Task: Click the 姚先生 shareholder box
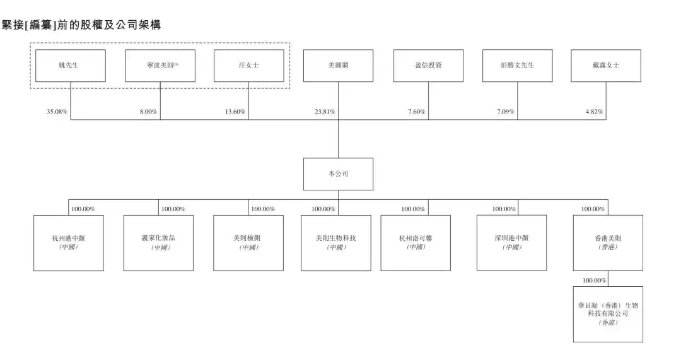point(70,66)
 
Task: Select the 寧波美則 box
point(160,66)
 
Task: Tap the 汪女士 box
point(248,66)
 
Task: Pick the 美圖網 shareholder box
point(338,66)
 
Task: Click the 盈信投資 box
point(428,66)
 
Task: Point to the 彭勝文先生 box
point(517,66)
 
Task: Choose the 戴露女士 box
point(606,66)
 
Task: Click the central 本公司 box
point(338,174)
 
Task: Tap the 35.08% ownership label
point(57,112)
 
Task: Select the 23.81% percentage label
point(325,112)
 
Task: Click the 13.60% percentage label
point(235,112)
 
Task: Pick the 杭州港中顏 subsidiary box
point(68,243)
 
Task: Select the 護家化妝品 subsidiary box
point(158,243)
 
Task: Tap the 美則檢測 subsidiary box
point(248,243)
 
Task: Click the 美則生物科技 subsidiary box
point(335,243)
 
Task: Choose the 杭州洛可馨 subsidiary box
point(416,243)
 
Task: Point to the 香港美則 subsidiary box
point(608,243)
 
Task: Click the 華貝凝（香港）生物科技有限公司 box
point(608,314)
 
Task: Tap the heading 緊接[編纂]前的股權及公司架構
point(81,25)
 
